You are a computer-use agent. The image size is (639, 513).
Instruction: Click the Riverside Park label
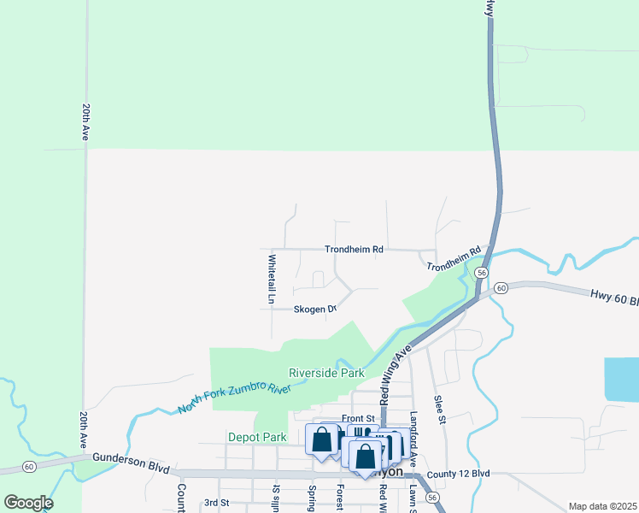[x=326, y=373]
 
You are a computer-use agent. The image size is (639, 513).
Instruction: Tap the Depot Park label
[x=257, y=437]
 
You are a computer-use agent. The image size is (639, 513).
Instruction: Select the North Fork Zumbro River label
[x=235, y=398]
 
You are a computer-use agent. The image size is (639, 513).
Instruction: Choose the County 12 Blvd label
[x=459, y=474]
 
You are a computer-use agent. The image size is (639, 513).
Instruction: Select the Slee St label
[x=441, y=407]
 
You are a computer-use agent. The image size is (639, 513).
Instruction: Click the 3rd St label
[x=218, y=503]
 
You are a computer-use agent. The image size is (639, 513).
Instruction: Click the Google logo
[x=29, y=503]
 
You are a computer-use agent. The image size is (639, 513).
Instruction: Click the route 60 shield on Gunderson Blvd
[x=29, y=467]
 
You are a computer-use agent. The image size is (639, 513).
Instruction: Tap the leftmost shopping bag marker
[x=322, y=441]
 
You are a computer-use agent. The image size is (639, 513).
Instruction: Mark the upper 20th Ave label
[x=86, y=123]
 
